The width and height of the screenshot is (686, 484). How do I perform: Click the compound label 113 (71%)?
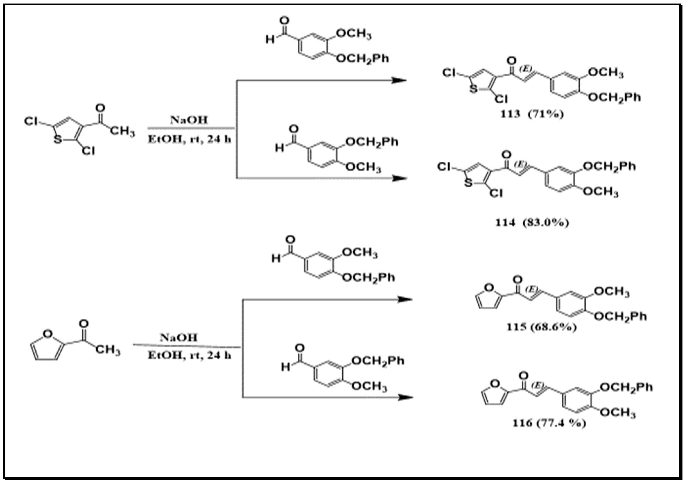pos(532,114)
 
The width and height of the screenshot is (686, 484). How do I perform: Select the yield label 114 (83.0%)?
pos(532,223)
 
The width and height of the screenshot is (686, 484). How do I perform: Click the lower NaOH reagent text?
pos(179,338)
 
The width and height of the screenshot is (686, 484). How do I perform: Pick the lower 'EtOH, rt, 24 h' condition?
pos(189,355)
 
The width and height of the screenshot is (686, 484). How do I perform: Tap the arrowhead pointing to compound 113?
pos(399,80)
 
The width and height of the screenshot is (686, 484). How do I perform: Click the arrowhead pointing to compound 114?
pos(399,178)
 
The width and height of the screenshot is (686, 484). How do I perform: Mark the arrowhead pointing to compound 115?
pos(406,299)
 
